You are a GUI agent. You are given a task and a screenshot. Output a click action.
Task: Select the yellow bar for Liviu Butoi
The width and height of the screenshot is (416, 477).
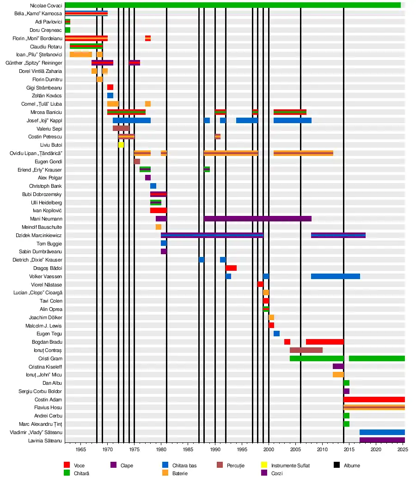121,145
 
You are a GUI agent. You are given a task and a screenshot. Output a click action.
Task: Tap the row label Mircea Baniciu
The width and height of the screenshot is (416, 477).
46,112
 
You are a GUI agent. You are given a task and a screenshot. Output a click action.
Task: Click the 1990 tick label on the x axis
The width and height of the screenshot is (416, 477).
215,449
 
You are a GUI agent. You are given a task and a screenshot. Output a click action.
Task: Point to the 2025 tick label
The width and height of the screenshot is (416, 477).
403,449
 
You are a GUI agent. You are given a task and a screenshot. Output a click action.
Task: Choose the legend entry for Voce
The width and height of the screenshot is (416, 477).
79,465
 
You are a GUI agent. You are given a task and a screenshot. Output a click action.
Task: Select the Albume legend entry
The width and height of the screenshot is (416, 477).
352,465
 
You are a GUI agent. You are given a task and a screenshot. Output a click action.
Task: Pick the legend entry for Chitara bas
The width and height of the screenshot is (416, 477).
184,465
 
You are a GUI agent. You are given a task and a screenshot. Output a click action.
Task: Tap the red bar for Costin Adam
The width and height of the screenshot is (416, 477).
374,399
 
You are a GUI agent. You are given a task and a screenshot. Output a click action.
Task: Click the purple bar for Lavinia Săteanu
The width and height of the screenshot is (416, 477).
382,441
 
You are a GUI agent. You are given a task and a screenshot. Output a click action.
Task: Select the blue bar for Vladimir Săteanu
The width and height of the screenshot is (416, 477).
382,432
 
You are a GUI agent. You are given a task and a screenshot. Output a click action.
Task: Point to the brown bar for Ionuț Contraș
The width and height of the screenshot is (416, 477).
306,350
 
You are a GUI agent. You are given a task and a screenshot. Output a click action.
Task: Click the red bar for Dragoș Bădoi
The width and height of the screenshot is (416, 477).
231,268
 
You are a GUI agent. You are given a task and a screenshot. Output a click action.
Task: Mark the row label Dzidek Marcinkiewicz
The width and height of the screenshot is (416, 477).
39,235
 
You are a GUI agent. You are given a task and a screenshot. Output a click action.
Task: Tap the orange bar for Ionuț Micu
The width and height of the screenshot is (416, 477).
338,375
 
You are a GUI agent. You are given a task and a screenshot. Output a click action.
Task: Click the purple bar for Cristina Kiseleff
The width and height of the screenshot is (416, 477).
338,366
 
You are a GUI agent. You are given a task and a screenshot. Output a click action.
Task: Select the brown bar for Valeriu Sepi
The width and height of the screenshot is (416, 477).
121,128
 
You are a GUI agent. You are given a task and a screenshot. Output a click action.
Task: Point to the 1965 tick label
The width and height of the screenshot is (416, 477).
80,449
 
